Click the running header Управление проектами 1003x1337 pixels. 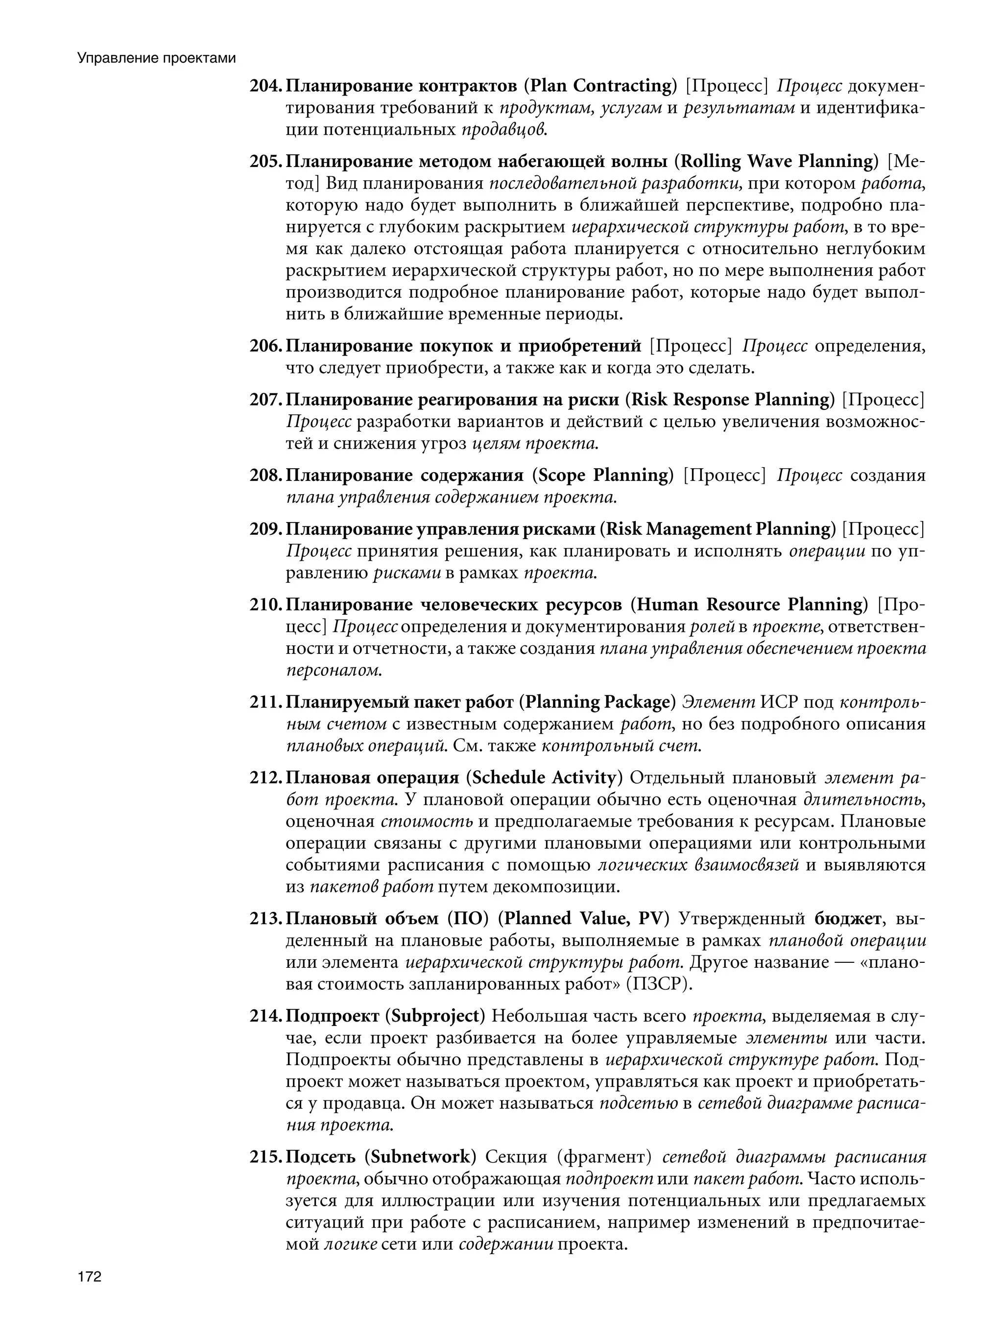click(x=156, y=59)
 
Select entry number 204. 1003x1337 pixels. click(x=265, y=86)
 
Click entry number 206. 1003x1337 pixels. click(x=265, y=346)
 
